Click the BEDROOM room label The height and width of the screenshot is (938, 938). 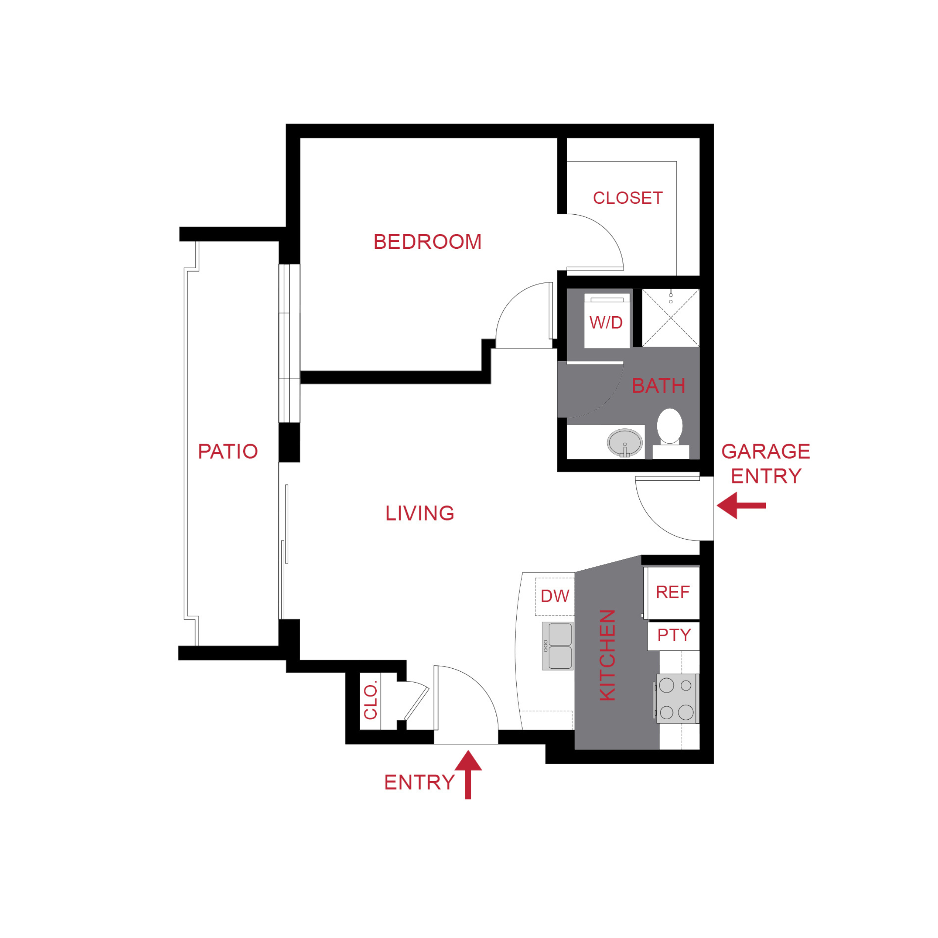[x=427, y=242]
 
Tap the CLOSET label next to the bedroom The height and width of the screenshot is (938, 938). [x=628, y=198]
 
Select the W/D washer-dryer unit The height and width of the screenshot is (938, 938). [x=606, y=321]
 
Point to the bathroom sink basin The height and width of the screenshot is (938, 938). [x=624, y=442]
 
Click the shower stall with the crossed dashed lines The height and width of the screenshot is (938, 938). [x=671, y=318]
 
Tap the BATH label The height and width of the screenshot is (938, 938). [x=658, y=386]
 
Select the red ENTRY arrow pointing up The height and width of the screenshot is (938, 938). [x=468, y=774]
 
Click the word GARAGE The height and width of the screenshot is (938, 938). [x=766, y=451]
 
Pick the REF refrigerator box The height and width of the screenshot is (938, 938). [x=672, y=592]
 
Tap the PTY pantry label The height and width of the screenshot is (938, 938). [x=674, y=635]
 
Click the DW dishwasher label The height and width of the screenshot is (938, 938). [x=554, y=596]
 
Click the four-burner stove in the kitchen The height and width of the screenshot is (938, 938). [x=677, y=699]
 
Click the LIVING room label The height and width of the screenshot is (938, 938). [x=420, y=513]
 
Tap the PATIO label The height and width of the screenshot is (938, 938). [x=228, y=451]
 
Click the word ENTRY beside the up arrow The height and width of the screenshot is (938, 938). [x=420, y=783]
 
